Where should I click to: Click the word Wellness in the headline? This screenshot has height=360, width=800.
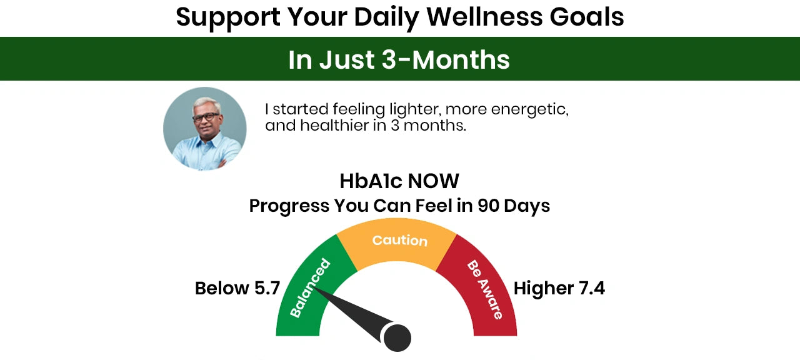[x=484, y=17]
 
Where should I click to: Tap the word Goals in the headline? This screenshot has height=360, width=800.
[x=587, y=17]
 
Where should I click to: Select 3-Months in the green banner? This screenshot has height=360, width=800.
[x=446, y=59]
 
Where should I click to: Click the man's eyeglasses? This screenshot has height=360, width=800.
[x=206, y=117]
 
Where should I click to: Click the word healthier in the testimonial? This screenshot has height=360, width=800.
[x=334, y=126]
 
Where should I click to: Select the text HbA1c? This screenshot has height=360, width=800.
[x=371, y=181]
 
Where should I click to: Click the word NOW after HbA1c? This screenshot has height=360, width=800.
[x=433, y=181]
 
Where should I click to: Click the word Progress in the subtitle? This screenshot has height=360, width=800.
[x=289, y=206]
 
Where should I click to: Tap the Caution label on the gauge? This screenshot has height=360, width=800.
[x=399, y=241]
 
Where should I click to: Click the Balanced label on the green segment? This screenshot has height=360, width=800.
[x=310, y=288]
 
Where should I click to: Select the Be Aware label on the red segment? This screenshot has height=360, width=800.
[x=484, y=289]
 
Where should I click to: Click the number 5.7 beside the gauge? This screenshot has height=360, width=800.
[x=267, y=288]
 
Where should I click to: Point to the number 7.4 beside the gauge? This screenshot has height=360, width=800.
[x=592, y=288]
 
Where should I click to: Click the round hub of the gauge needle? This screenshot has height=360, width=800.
[x=397, y=337]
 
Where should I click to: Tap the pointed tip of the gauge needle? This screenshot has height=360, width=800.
[x=314, y=288]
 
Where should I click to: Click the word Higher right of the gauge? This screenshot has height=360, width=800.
[x=544, y=289]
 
